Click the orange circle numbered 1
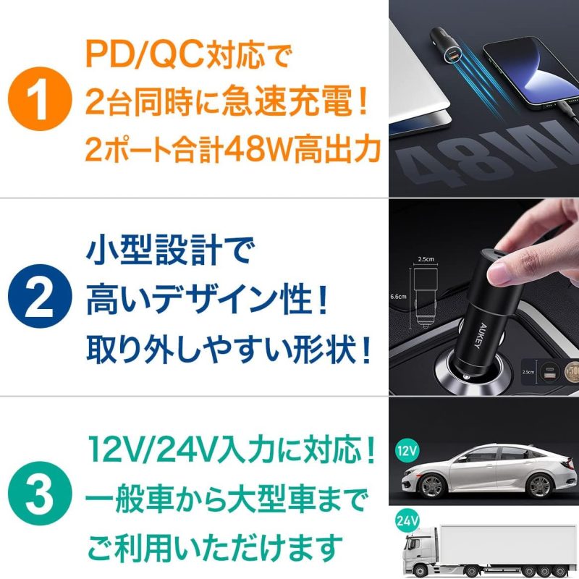pyautogui.click(x=40, y=98)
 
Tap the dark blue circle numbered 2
pyautogui.click(x=40, y=296)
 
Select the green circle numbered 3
pyautogui.click(x=40, y=494)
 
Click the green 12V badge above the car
pyautogui.click(x=407, y=450)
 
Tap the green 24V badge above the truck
pyautogui.click(x=407, y=520)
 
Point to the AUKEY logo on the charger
pyautogui.click(x=479, y=336)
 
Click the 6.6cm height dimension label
pyautogui.click(x=398, y=296)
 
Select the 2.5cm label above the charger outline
pyautogui.click(x=426, y=259)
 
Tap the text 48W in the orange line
pyautogui.click(x=258, y=151)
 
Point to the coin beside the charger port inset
pyautogui.click(x=572, y=372)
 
